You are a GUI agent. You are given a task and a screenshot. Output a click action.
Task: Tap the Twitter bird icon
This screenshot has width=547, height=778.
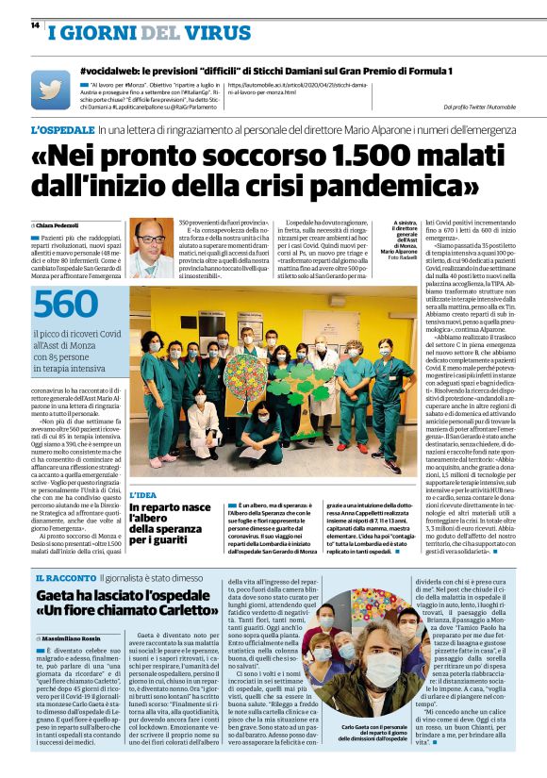point(50,90)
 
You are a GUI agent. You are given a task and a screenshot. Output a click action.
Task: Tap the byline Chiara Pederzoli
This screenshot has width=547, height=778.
point(58,225)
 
